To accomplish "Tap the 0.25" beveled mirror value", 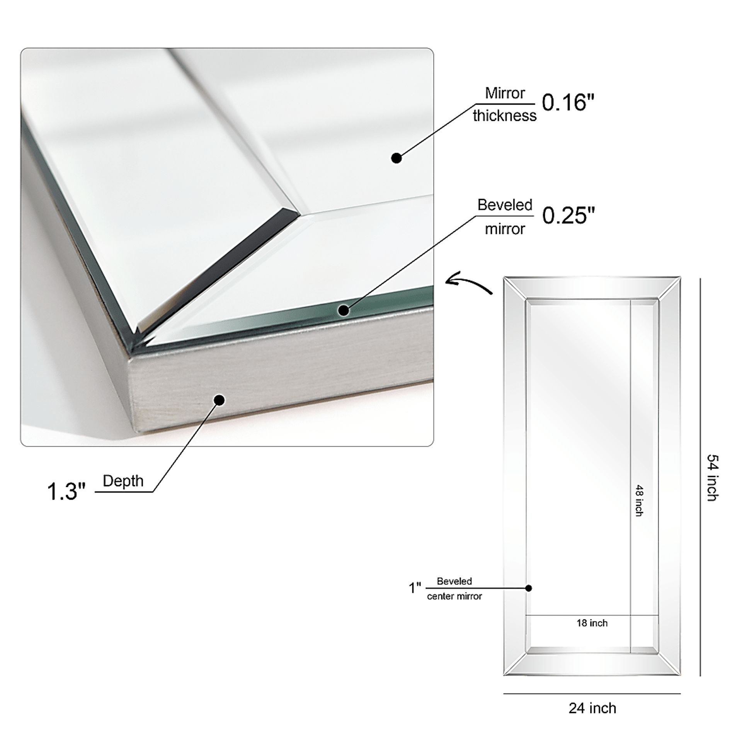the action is click(568, 215).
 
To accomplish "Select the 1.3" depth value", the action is click(66, 492).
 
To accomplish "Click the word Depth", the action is click(123, 482).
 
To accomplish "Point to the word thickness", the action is click(505, 116).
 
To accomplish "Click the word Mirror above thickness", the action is click(505, 93).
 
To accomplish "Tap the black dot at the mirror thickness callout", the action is click(397, 158).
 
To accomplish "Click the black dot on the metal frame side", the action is click(220, 400).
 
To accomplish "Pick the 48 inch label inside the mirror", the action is click(639, 500).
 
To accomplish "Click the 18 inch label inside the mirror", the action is click(592, 623).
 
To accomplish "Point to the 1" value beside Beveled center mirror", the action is click(415, 588).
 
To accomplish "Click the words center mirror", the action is click(454, 596).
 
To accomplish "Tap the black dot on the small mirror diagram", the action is click(529, 588).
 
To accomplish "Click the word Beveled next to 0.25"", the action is click(505, 205).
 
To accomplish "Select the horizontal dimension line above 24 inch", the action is click(592, 693).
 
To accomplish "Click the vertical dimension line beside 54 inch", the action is click(700, 477).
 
